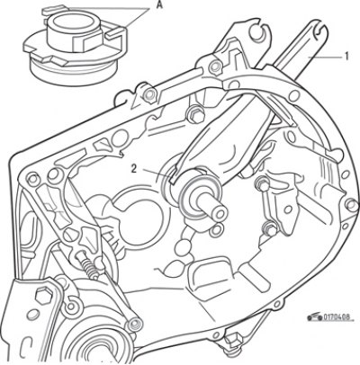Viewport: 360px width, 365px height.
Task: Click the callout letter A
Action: tap(159, 4)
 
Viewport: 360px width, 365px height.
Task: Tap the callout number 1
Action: tap(346, 57)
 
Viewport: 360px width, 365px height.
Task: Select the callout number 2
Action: tap(134, 169)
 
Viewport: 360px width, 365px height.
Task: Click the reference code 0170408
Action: tap(337, 317)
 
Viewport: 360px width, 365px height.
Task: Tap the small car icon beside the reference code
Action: tap(315, 316)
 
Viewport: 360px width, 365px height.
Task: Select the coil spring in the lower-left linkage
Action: tap(87, 263)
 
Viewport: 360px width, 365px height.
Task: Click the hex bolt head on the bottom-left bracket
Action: tap(44, 295)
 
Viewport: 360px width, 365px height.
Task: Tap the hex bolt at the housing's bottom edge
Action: tap(232, 340)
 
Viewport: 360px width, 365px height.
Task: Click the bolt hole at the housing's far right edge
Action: tap(351, 204)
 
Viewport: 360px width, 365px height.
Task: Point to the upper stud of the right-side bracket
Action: tap(263, 183)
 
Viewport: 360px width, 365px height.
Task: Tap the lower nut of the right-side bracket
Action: tap(270, 229)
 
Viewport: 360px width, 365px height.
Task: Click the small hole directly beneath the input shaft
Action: tap(217, 230)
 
